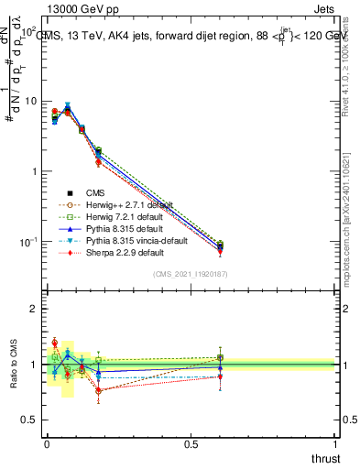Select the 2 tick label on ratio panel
tap(33, 310)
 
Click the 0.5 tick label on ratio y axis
tap(29, 420)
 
